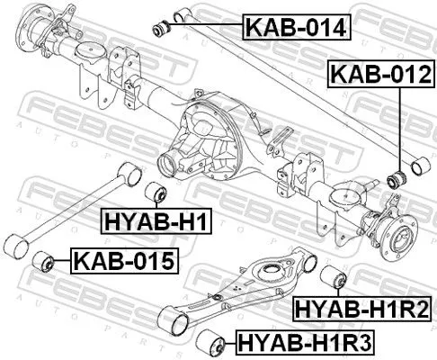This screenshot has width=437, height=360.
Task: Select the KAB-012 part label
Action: (379, 76)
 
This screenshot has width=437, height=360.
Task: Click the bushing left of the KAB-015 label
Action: (40, 262)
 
